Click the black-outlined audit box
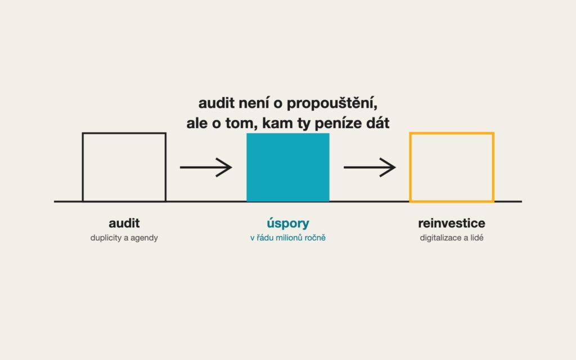point(83,167)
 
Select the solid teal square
point(288,168)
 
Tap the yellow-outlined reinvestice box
point(410,167)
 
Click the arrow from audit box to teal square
point(206,167)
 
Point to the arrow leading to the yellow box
point(370,167)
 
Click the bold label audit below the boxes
point(124,223)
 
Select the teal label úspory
point(288,223)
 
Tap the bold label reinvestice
point(452,223)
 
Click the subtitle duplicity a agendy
point(124,238)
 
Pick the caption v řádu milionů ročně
point(288,238)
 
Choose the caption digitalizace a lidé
point(452,238)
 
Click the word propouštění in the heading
point(332,103)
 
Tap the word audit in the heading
point(217,103)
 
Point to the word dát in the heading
point(377,123)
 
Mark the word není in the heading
point(255,103)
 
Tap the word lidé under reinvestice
point(477,238)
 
